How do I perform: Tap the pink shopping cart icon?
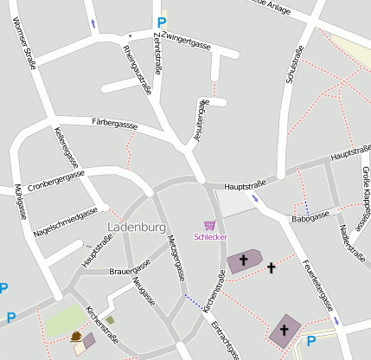[209, 225]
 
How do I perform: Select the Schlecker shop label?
[210, 236]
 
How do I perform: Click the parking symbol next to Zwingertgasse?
[161, 22]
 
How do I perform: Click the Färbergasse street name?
[114, 125]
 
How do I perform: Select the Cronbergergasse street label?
[56, 180]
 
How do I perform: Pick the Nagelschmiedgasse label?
[65, 222]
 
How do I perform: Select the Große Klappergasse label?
[365, 192]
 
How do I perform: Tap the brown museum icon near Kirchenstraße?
[76, 336]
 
